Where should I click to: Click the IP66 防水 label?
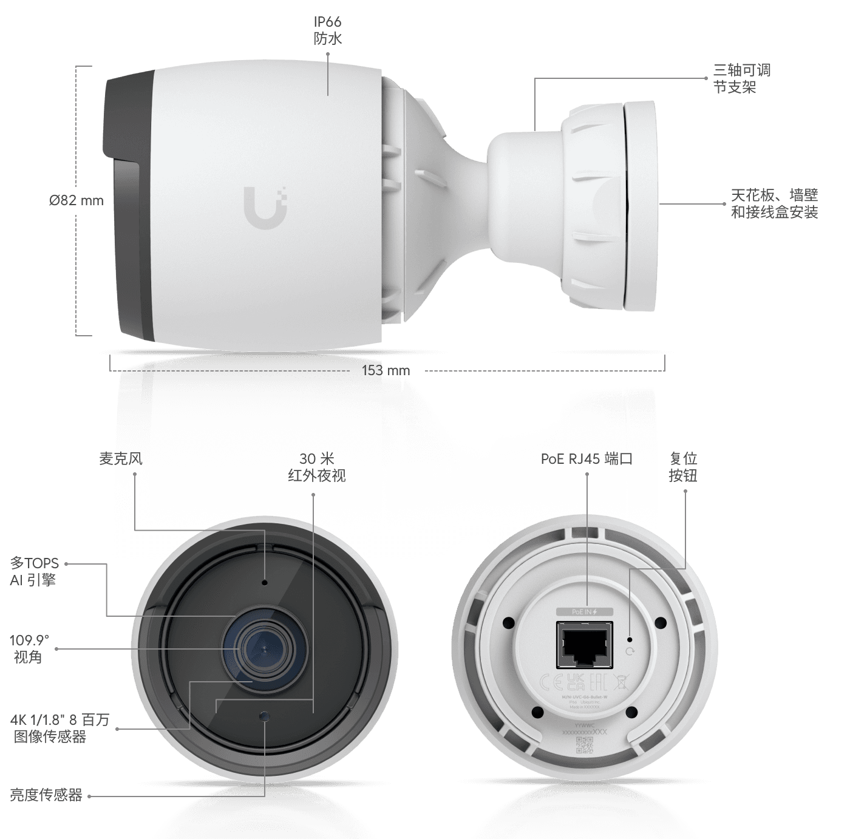coord(328,30)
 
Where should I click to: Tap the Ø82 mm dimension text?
coord(76,200)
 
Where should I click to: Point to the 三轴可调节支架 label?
coord(741,78)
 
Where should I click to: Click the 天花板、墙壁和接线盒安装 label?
coord(774,203)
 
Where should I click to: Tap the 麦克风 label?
coord(120,459)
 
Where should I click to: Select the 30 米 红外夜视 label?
coord(317,467)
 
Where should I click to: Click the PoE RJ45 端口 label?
coord(586,459)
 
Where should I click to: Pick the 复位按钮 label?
coord(682,467)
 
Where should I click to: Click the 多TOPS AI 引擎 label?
coord(34,572)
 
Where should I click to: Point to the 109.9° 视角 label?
coord(29,648)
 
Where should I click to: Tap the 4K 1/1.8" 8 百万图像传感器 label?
coord(59,729)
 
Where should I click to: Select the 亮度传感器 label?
coord(46,795)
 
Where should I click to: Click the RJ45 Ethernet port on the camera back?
coord(585,645)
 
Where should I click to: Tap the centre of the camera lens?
coord(263,649)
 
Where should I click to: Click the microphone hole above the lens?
coord(265,583)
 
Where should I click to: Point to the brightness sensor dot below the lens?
coord(264,717)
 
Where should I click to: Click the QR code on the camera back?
coord(584,745)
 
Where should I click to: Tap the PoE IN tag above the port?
coord(585,612)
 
